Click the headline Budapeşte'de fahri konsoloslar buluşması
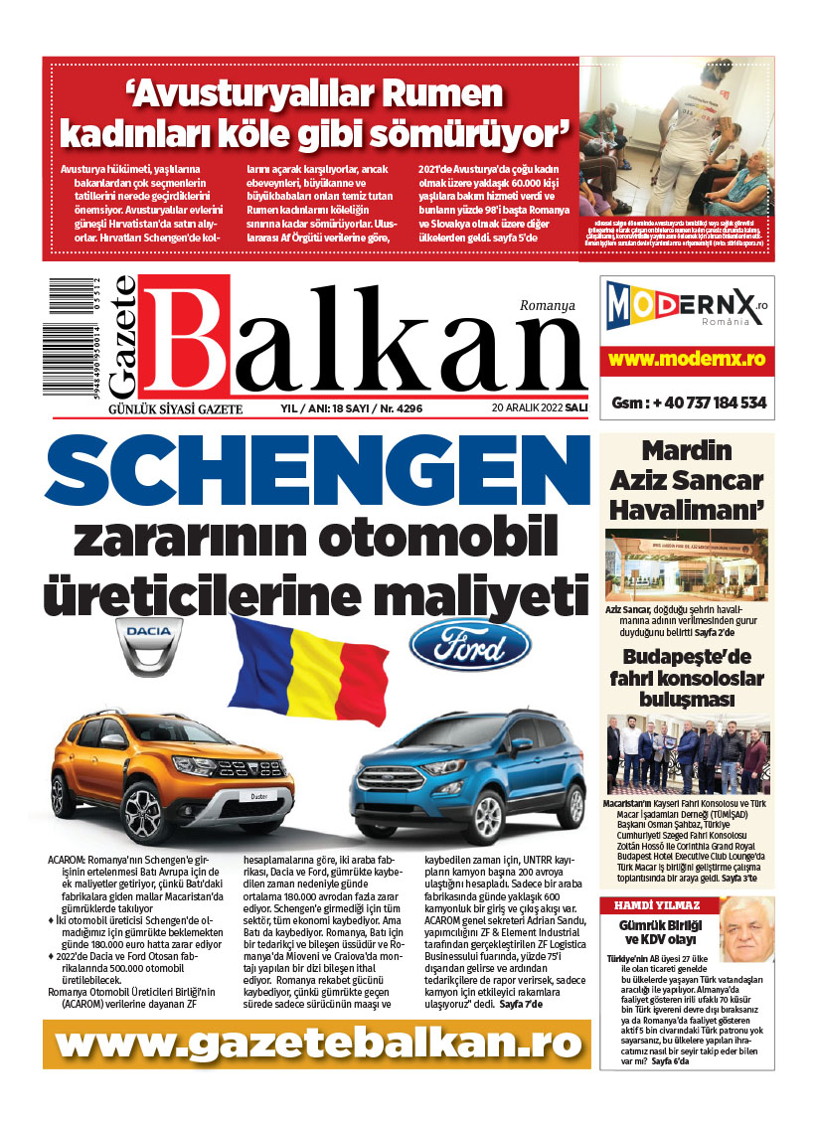(687, 678)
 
